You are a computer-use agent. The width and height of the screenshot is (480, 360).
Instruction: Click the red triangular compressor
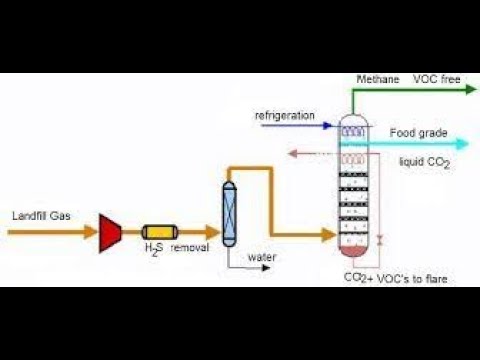[111, 231]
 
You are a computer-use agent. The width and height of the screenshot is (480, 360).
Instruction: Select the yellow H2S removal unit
[158, 231]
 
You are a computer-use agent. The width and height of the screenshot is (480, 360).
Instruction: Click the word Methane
[376, 78]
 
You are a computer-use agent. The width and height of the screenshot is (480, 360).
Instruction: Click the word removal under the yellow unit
[189, 248]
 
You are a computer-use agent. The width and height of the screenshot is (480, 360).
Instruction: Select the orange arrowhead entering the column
[330, 236]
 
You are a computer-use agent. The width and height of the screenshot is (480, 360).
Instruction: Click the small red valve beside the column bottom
[379, 240]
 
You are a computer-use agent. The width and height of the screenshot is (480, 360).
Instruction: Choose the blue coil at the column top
[353, 128]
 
